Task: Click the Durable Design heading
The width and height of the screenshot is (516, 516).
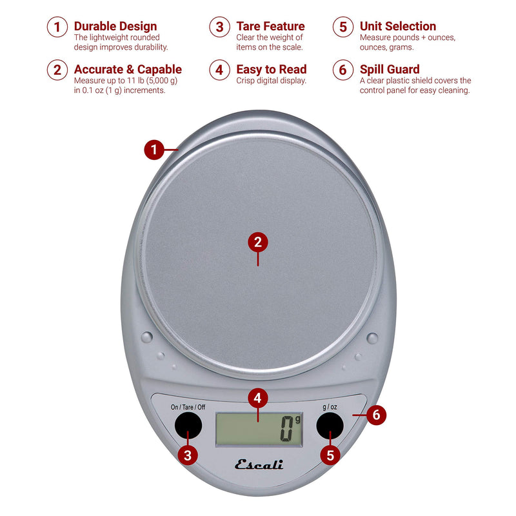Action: coord(115,26)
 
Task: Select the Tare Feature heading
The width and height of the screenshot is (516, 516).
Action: coord(270,26)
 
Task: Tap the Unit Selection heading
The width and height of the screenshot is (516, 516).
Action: coord(398,26)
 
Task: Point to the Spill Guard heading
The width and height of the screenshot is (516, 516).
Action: coord(390,70)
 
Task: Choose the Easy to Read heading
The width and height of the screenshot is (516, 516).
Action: coord(272,70)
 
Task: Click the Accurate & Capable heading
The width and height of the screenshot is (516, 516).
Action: coord(128,70)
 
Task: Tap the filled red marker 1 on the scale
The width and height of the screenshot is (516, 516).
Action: coord(154,150)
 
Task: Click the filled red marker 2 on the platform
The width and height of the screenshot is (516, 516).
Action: coord(258,243)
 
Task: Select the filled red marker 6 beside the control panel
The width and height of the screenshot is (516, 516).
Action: coord(376,415)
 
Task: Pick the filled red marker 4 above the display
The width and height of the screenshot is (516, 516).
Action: coord(258,398)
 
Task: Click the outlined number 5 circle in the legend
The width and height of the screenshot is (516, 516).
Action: coord(343,27)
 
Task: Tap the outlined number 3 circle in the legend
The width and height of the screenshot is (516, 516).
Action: coord(219,27)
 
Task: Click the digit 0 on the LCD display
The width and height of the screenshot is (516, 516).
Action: coord(286,428)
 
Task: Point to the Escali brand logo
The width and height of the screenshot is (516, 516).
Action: coord(259,464)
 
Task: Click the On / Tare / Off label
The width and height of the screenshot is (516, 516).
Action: coord(188,407)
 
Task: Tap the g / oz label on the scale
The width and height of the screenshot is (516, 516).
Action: coord(330,408)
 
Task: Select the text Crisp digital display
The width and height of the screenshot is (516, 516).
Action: coord(271,81)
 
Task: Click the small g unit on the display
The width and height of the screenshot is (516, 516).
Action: coord(297,419)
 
